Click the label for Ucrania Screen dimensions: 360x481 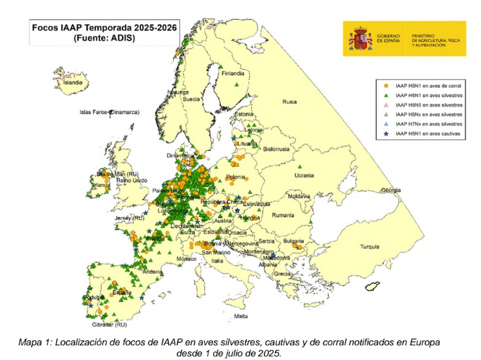[x=304, y=175]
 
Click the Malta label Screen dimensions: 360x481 [x=241, y=317]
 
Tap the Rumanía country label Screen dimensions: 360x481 [x=283, y=215]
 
